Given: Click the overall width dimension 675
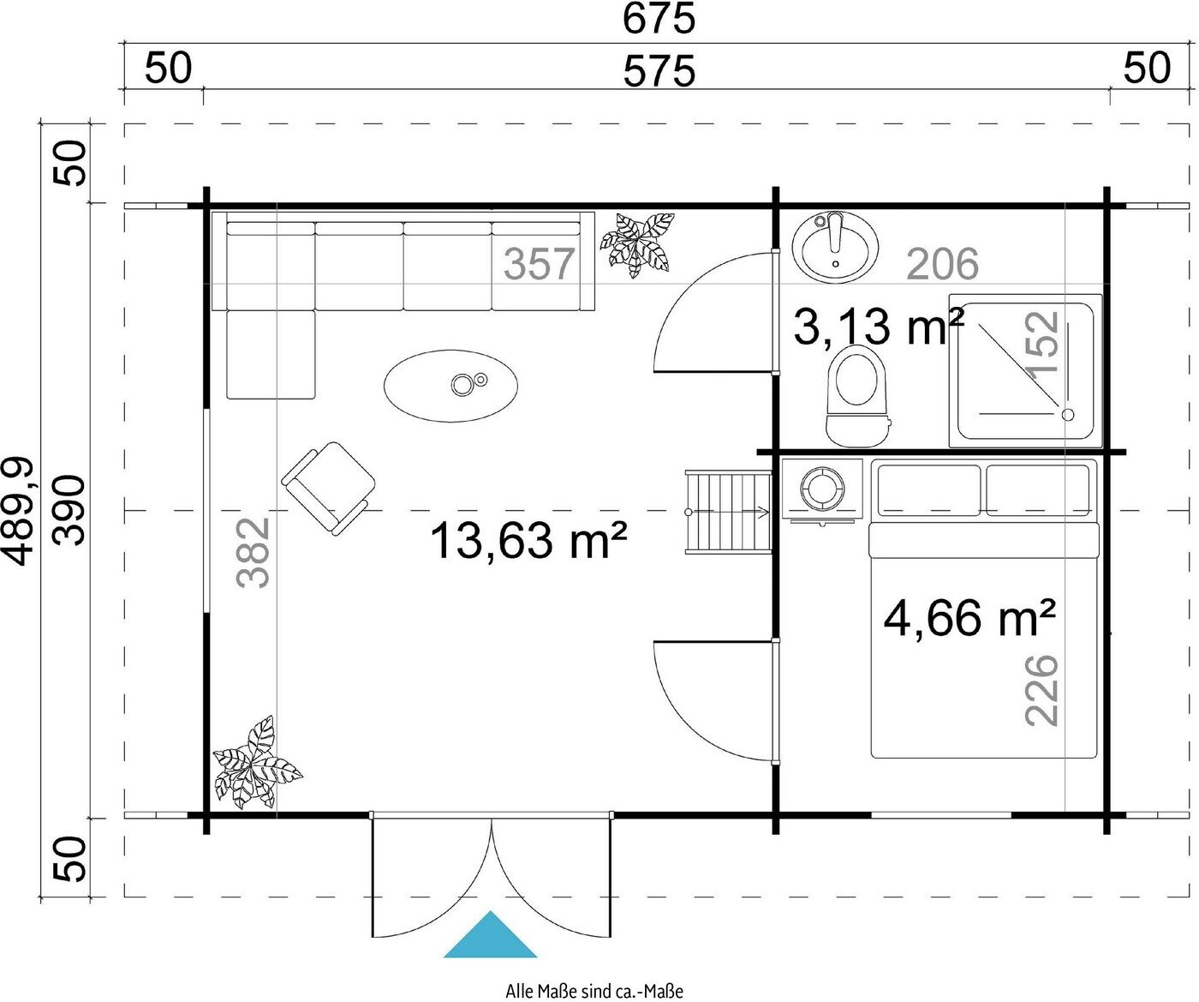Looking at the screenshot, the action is pyautogui.click(x=659, y=18).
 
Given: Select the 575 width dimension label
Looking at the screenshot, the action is pyautogui.click(x=659, y=71).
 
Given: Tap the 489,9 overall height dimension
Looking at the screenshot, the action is pyautogui.click(x=18, y=511).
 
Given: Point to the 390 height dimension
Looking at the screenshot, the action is pyautogui.click(x=69, y=510).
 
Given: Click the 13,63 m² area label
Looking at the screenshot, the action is pyautogui.click(x=528, y=540).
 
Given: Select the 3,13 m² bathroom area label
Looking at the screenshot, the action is pyautogui.click(x=879, y=326).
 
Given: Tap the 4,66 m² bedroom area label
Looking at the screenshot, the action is pyautogui.click(x=969, y=618).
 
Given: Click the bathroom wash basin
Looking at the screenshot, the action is pyautogui.click(x=835, y=247).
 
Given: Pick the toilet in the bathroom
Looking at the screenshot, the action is pyautogui.click(x=858, y=396).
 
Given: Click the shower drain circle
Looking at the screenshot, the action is pyautogui.click(x=1068, y=415).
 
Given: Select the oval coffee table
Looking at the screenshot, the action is pyautogui.click(x=450, y=386).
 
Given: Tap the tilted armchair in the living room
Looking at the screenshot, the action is pyautogui.click(x=328, y=489).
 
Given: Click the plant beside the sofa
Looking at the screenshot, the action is pyautogui.click(x=637, y=245).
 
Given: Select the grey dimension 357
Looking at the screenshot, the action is pyautogui.click(x=539, y=264).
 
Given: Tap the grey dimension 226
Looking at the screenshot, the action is pyautogui.click(x=1041, y=690).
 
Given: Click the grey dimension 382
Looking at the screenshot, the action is pyautogui.click(x=252, y=553).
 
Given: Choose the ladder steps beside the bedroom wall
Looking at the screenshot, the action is pyautogui.click(x=728, y=512).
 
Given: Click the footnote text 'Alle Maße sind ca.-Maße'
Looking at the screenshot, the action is pyautogui.click(x=594, y=991).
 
